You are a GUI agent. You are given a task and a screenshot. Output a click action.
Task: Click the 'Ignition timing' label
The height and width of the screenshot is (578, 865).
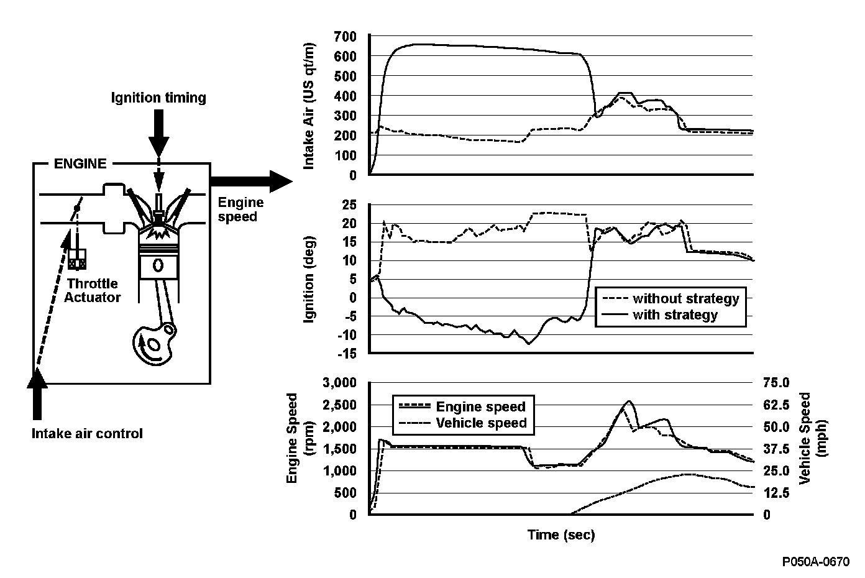158,98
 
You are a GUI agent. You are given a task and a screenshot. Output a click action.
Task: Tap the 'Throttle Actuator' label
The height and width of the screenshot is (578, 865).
94,291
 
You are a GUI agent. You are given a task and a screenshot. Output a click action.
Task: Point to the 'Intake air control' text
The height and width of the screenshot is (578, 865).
87,433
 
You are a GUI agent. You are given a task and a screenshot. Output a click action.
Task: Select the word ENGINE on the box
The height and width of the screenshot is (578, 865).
80,164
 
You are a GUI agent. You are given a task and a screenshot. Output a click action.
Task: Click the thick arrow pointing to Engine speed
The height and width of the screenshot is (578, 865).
252,181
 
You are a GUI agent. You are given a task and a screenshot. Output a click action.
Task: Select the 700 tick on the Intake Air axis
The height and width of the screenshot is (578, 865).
345,37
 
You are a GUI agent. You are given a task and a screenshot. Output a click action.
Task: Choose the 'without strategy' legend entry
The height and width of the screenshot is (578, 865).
685,298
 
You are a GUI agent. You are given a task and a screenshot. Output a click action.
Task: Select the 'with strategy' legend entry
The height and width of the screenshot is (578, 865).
675,315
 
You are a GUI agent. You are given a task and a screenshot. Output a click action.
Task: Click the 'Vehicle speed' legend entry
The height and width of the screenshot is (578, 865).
482,423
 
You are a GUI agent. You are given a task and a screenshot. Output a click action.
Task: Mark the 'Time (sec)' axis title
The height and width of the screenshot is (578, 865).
561,534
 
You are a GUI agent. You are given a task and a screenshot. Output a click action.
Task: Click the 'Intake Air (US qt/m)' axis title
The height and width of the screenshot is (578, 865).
309,106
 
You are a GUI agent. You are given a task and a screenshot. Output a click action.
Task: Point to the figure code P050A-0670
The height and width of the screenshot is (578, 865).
816,562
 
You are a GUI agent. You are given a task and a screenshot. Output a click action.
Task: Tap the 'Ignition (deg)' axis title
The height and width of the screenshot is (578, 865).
309,280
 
